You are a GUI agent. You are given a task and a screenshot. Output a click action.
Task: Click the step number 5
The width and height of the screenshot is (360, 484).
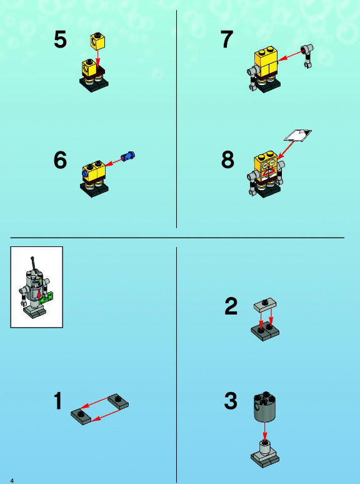(61, 40)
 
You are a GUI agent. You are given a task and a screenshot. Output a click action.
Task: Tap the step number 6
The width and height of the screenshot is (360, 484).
(60, 160)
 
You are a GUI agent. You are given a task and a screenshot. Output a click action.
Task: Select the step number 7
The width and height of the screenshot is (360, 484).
(227, 39)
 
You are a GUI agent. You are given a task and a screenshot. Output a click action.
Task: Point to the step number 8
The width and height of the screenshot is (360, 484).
(227, 159)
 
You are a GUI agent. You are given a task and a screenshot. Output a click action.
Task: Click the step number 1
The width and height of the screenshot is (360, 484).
(59, 401)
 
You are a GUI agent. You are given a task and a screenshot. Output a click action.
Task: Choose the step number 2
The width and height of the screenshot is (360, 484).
(231, 306)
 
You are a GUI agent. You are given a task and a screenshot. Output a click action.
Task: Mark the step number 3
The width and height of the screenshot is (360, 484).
(231, 401)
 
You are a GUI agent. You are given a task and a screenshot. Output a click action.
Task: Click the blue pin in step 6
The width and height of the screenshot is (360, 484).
(127, 156)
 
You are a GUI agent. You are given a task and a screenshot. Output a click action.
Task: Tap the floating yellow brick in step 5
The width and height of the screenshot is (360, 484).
(97, 41)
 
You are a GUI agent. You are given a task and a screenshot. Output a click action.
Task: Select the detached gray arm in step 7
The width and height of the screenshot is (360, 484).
(307, 56)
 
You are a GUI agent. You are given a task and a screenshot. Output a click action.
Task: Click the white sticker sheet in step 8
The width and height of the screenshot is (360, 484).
(297, 135)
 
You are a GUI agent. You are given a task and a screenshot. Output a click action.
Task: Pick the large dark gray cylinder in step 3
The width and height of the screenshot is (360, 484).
(264, 406)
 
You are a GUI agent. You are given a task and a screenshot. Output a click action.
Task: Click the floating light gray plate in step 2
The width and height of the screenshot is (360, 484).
(265, 305)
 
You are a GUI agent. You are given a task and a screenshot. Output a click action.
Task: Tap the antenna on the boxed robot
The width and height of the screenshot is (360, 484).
(33, 263)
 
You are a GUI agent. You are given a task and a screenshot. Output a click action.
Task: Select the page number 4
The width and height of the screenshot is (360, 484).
(12, 481)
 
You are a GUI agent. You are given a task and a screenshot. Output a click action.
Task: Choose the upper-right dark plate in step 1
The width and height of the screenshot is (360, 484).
(118, 401)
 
